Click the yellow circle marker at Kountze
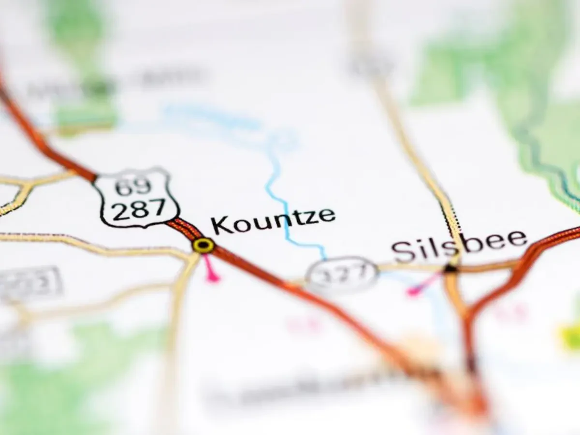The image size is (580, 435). coord(203,245)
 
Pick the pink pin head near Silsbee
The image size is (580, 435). coord(413,291)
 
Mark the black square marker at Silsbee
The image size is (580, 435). coord(451,269)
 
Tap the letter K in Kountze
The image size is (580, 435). coord(220,225)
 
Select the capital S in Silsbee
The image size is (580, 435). coord(402,251)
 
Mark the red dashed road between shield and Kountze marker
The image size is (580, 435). coord(185,228)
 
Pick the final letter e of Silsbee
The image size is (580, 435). coord(517,239)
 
